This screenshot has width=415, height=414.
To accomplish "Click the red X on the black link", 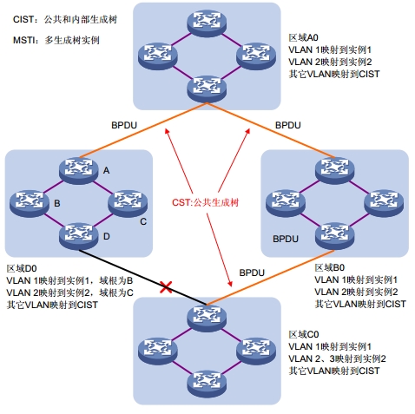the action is tap(166, 287).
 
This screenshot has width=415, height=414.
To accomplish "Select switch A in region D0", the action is tap(79, 171).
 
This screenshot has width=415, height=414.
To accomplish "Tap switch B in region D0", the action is tap(30, 203).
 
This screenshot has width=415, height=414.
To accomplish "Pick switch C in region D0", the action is tap(128, 203).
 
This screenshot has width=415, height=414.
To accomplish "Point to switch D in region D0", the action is tap(79, 236).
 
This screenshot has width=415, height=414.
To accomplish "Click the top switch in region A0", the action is tap(207, 23).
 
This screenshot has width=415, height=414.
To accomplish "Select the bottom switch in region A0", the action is tap(207, 89).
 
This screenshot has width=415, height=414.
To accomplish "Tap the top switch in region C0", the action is tap(207, 318).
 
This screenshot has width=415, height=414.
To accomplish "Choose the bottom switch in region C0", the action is tap(207, 384).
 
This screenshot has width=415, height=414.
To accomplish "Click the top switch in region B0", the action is tap(334, 171).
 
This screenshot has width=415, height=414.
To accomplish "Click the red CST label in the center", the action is tap(205, 202).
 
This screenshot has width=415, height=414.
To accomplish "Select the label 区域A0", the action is tap(303, 37).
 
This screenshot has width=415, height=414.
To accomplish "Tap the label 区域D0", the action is tap(22, 268).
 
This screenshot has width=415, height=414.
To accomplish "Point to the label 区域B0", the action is tap(330, 267).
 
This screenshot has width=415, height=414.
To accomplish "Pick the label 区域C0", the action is tap(304, 334).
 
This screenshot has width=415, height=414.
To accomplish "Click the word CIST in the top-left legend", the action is tap(23, 19).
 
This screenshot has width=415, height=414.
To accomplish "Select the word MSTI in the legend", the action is tap(23, 40).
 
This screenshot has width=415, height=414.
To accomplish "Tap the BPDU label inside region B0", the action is tap(286, 239).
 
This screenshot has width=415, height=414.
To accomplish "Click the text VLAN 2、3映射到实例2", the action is tap(337, 358).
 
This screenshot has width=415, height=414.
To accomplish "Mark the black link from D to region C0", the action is tap(143, 277).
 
